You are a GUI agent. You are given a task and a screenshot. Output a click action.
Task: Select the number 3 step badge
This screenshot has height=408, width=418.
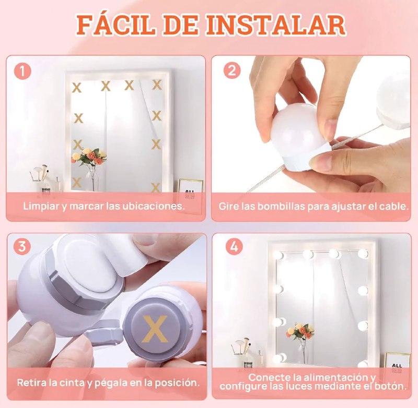(22, 246)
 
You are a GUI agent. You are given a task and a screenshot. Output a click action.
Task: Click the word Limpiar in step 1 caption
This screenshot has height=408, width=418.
(41, 206)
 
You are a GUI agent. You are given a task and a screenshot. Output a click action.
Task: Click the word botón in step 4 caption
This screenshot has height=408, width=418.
(392, 387)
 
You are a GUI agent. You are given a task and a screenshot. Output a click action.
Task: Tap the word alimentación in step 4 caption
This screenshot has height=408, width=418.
(334, 377)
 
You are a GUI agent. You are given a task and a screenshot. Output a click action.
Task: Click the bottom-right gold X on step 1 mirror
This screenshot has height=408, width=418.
(156, 187)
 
